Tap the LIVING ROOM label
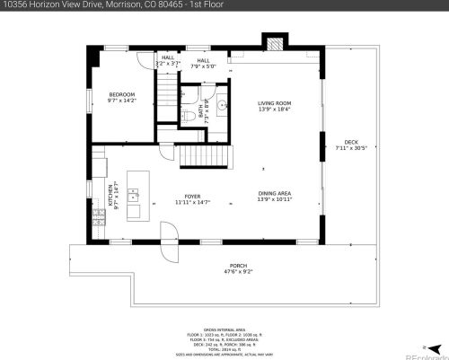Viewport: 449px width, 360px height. pos(276,106)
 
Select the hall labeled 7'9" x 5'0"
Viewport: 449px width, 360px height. pos(204,63)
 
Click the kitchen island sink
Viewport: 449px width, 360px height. pos(133,192)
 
